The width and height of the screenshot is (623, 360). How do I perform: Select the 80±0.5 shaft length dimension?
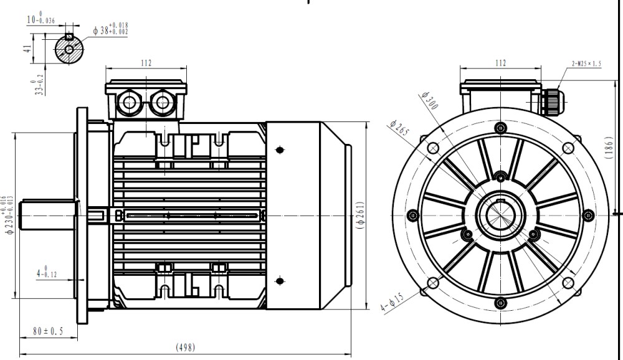[48, 331]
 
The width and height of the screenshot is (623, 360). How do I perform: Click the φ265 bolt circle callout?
[398, 131]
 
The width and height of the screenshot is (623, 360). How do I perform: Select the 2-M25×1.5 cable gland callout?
[586, 64]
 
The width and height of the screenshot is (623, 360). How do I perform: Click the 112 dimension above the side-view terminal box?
[146, 62]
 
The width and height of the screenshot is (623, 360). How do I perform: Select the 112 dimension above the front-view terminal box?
[500, 62]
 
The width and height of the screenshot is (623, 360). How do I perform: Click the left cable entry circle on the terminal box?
[129, 102]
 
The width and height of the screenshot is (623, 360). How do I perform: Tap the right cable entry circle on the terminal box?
[163, 102]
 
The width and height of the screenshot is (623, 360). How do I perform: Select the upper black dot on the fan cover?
[278, 150]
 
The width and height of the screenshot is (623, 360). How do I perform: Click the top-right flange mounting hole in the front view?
[568, 148]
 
